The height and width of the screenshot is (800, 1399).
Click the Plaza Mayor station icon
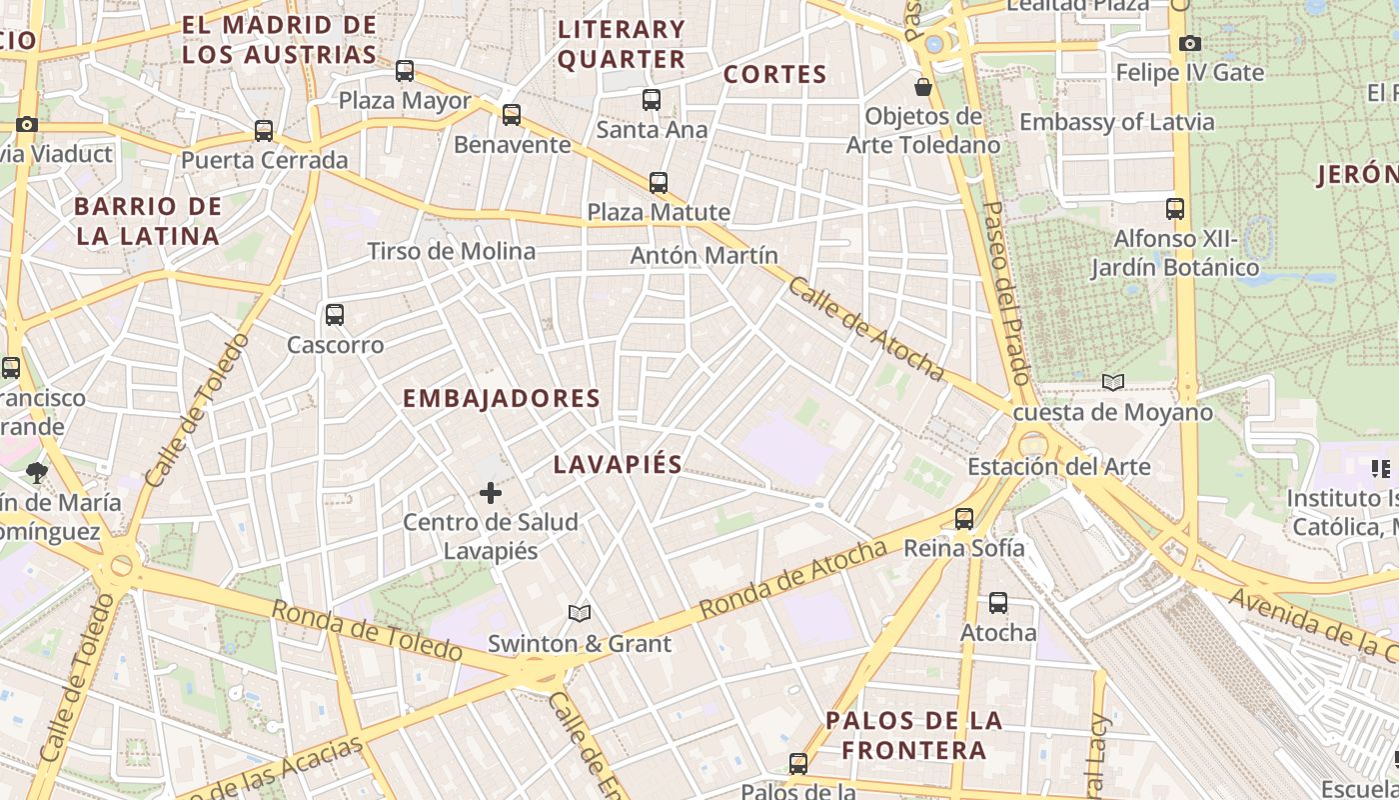[x=405, y=71]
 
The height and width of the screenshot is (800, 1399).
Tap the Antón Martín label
[x=703, y=256]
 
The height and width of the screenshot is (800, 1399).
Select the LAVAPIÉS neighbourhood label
[x=618, y=464]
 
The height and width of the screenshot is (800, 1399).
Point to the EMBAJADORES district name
[x=501, y=398]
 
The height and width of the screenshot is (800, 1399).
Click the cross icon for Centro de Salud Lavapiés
[x=491, y=493]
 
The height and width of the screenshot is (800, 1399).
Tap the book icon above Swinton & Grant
[x=580, y=614]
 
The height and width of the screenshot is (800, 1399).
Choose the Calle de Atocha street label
[x=866, y=329]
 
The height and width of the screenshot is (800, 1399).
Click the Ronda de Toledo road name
[x=367, y=631]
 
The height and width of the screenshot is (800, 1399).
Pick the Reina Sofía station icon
[x=964, y=519]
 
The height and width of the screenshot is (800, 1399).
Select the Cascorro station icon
[x=335, y=315]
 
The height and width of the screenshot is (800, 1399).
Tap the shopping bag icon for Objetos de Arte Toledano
[x=923, y=87]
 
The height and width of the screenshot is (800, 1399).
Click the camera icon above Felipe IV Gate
[x=1189, y=43]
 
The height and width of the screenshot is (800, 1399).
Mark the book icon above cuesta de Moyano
[x=1113, y=382]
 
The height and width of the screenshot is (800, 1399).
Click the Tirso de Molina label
[x=452, y=251]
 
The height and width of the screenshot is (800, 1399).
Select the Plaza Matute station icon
[x=659, y=183]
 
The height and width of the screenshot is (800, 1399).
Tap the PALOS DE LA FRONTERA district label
[x=913, y=735]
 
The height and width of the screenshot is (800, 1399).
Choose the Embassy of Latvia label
[x=1116, y=122]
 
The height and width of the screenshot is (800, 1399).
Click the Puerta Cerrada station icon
[x=264, y=131]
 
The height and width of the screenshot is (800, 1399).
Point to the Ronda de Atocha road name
[x=792, y=579]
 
